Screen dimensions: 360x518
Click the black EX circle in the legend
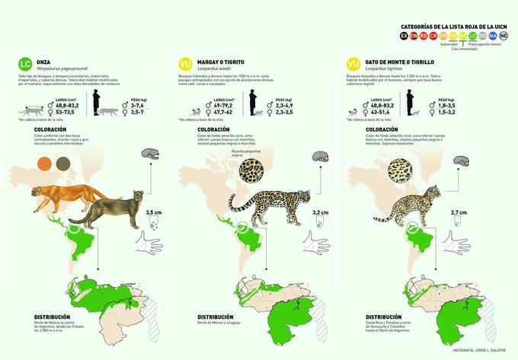(404, 35)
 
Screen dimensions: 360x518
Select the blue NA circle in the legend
(493, 35)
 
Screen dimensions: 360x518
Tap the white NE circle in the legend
(504, 35)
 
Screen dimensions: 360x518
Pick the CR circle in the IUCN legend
(433, 35)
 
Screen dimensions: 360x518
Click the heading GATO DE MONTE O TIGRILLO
(401, 60)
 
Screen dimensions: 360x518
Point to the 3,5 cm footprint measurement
(152, 212)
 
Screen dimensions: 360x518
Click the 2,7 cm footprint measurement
(481, 212)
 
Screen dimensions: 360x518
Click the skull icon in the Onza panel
(149, 157)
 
